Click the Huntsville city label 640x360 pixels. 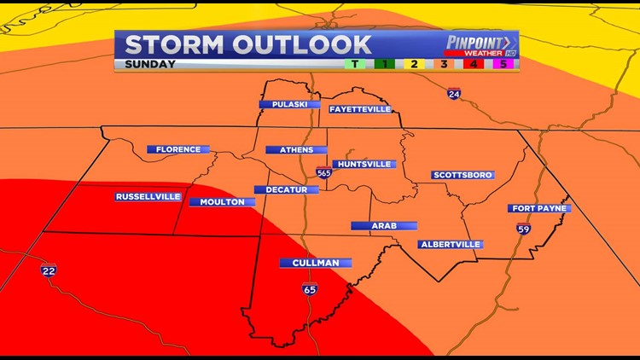[364, 164]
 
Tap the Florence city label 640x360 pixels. [177, 149]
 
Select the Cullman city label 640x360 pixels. [316, 263]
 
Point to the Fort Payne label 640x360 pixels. [539, 208]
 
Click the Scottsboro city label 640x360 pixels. [463, 175]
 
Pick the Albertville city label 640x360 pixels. [451, 244]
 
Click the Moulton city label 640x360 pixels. [222, 202]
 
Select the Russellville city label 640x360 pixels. [148, 196]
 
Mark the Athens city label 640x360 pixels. [296, 150]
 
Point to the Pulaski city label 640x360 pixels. [283, 104]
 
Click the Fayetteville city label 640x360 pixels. [360, 109]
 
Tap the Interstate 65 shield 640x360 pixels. [309, 289]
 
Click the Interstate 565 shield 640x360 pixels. [323, 172]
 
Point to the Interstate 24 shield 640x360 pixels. [454, 94]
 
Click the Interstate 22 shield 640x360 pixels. [49, 270]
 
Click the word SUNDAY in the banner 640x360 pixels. [150, 64]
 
